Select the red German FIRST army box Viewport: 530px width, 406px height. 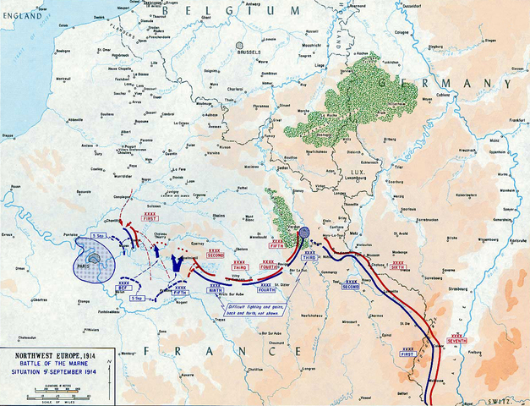[150, 219]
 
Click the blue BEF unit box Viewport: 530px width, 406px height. [123, 288]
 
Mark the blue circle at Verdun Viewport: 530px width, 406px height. [303, 232]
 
